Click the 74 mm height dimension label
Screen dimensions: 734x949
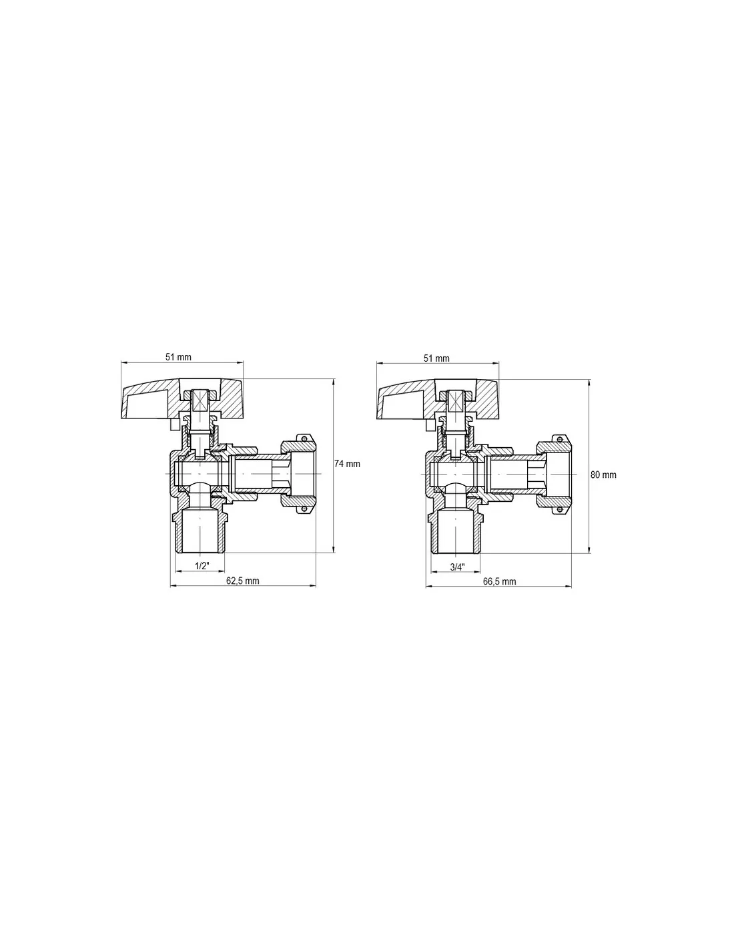(347, 464)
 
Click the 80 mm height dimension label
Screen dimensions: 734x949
(603, 474)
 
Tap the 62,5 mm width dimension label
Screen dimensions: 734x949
(242, 581)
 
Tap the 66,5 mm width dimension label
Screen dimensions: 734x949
(499, 581)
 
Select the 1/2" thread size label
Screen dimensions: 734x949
(202, 566)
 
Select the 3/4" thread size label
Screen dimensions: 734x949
(458, 567)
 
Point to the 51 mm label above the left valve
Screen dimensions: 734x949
(178, 357)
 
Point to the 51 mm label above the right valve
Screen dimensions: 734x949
(436, 358)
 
